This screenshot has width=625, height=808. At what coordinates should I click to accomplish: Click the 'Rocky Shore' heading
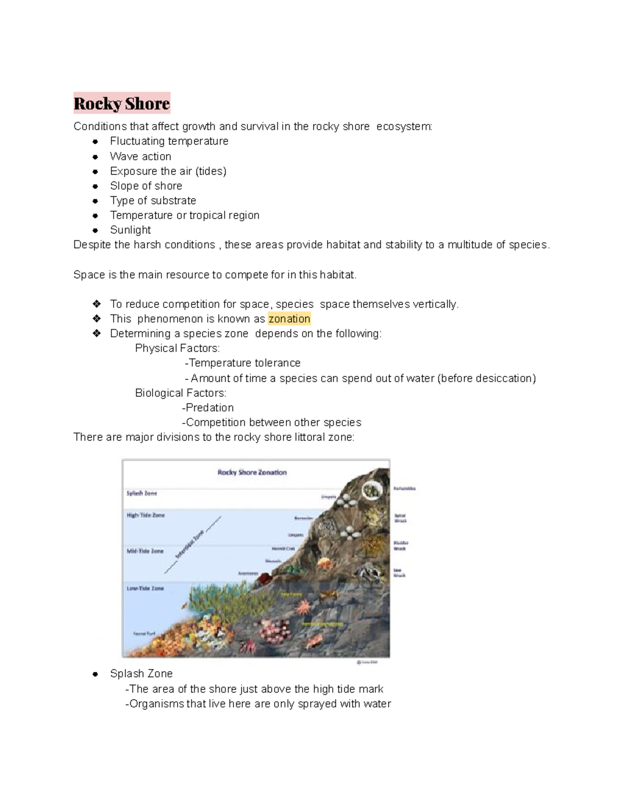[122, 104]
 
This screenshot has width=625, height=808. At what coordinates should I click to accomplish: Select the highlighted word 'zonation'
[289, 319]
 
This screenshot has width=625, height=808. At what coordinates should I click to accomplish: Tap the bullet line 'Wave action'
[140, 157]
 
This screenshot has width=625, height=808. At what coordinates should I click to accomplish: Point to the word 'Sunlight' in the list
[130, 230]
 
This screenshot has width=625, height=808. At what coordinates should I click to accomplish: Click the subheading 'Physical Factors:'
[177, 348]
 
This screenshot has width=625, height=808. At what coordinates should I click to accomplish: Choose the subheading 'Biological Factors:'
[180, 393]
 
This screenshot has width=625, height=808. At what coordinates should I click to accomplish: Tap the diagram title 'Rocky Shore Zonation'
[252, 472]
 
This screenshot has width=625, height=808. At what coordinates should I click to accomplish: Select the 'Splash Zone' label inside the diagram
[142, 493]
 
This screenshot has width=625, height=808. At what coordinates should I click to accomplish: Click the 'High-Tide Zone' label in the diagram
[145, 515]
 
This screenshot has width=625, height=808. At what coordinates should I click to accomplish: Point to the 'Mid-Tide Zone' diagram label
[145, 551]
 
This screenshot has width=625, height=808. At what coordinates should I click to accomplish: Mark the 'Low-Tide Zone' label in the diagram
[145, 588]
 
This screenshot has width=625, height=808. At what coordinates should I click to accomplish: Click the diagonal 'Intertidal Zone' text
[191, 544]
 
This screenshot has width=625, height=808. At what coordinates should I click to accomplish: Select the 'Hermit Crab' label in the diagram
[283, 548]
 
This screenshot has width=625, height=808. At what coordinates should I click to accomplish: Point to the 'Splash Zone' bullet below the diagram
[141, 674]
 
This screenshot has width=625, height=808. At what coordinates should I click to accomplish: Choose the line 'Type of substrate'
[153, 201]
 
